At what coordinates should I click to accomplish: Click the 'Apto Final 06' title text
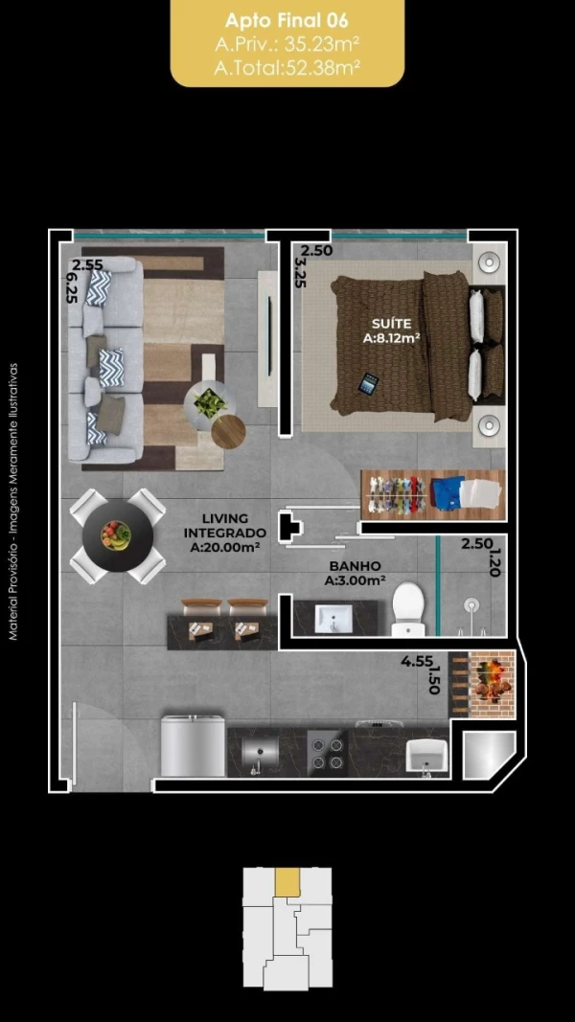coord(287,21)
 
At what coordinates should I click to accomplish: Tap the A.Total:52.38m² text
coord(287,67)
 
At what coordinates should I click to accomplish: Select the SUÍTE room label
coord(391,324)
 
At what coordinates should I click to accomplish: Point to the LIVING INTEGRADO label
coord(225,525)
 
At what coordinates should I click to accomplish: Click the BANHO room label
coord(355,566)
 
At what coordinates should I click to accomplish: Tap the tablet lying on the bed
coord(369,383)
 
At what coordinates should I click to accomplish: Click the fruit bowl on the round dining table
coord(116,535)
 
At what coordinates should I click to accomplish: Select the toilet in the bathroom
coord(409,609)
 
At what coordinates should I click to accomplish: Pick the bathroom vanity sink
coord(333,618)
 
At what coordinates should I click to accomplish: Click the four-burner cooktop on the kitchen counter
coord(327,752)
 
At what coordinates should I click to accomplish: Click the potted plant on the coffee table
coord(210,403)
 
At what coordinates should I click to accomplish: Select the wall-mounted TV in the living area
coord(268,339)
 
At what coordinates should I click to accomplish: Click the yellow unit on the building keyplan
coord(287,882)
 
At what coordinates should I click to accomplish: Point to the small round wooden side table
coord(229,431)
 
